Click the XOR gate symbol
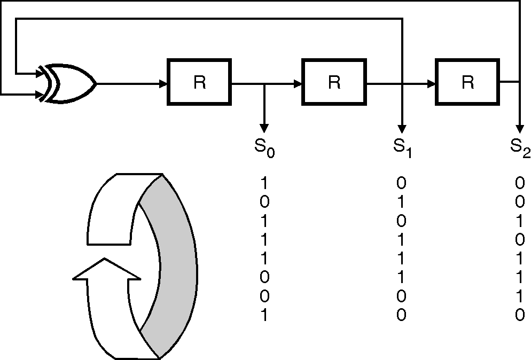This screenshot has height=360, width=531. coord(68,83)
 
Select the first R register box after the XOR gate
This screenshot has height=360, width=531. coord(199,82)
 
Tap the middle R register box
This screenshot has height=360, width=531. coord(334,82)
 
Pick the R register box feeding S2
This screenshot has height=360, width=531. coord(467,82)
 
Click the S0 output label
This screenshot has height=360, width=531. coord(264,147)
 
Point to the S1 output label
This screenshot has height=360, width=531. coord(402,147)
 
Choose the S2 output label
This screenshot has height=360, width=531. coord(520,147)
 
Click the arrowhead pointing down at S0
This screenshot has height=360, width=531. coord(264,129)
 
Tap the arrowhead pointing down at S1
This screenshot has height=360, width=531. coord(402,129)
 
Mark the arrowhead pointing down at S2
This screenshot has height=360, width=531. coord(519,129)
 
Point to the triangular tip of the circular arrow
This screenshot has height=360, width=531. coord(107,269)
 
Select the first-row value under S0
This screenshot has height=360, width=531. coord(264,183)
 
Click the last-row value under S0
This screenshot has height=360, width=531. coord(264,315)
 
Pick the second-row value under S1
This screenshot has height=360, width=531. coord(401,202)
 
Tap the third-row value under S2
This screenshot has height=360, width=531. coord(520,221)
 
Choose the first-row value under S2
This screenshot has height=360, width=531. coord(520,183)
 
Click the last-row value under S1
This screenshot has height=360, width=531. coord(401,315)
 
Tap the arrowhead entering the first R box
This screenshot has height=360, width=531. coord(163,83)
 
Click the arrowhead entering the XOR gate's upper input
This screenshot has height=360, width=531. coord(40,73)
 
